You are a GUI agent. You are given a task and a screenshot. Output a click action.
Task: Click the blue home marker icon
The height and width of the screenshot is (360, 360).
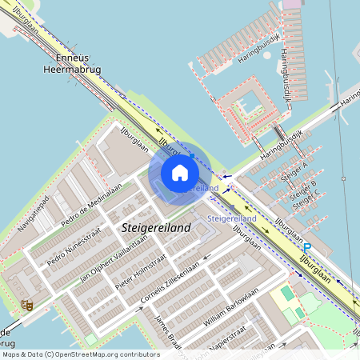[180, 173]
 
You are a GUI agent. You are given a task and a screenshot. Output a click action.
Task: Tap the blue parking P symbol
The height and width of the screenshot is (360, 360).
[307, 249]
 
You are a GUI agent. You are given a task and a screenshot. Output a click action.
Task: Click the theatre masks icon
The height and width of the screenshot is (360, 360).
[26, 305]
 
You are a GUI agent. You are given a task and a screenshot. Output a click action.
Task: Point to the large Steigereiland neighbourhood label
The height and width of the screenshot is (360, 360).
[157, 229]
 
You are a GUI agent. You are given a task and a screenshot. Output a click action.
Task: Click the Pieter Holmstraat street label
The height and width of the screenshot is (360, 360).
[140, 272]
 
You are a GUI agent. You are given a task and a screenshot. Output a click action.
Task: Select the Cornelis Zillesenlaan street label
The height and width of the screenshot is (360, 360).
[170, 284]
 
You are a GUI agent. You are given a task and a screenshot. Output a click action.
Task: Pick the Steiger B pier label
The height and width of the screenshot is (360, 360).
[302, 190]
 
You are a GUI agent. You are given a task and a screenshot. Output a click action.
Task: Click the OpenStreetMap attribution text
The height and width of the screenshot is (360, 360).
[80, 354]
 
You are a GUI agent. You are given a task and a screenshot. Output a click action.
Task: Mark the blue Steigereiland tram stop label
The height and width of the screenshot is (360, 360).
[231, 218]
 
